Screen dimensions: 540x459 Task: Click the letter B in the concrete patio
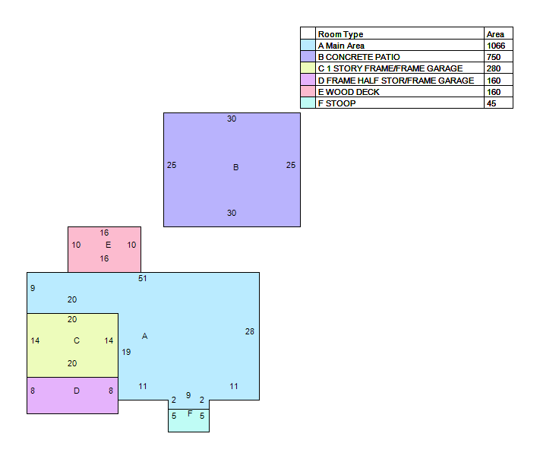(x=236, y=167)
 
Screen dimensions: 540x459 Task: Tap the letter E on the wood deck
(x=108, y=245)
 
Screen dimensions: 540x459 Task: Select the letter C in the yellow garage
(x=77, y=340)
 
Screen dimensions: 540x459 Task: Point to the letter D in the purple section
(x=77, y=391)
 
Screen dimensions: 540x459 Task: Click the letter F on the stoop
(x=190, y=413)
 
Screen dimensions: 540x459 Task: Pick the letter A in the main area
(x=144, y=336)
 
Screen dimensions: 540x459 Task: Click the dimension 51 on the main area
(x=143, y=278)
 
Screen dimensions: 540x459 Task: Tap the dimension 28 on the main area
(x=250, y=331)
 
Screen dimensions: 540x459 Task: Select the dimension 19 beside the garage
(x=126, y=352)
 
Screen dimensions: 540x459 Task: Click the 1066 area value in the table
(x=496, y=46)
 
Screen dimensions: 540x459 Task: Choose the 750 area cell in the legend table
(x=494, y=57)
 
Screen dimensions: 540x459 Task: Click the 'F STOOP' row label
(x=336, y=103)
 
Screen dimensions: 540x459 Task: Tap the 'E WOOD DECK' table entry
(x=349, y=92)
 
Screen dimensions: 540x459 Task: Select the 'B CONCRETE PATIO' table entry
(x=358, y=57)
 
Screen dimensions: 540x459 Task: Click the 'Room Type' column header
(x=340, y=34)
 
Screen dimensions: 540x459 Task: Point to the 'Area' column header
(x=495, y=34)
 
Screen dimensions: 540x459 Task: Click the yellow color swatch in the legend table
(x=308, y=68)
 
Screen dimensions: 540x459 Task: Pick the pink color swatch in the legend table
(x=308, y=91)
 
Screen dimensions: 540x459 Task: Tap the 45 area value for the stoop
(x=491, y=103)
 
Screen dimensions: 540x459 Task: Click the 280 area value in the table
(x=494, y=68)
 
